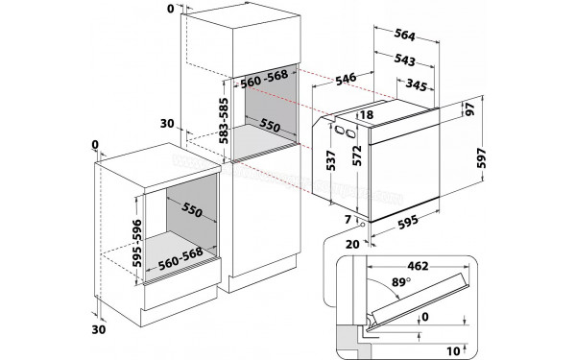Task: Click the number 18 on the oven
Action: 368,115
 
